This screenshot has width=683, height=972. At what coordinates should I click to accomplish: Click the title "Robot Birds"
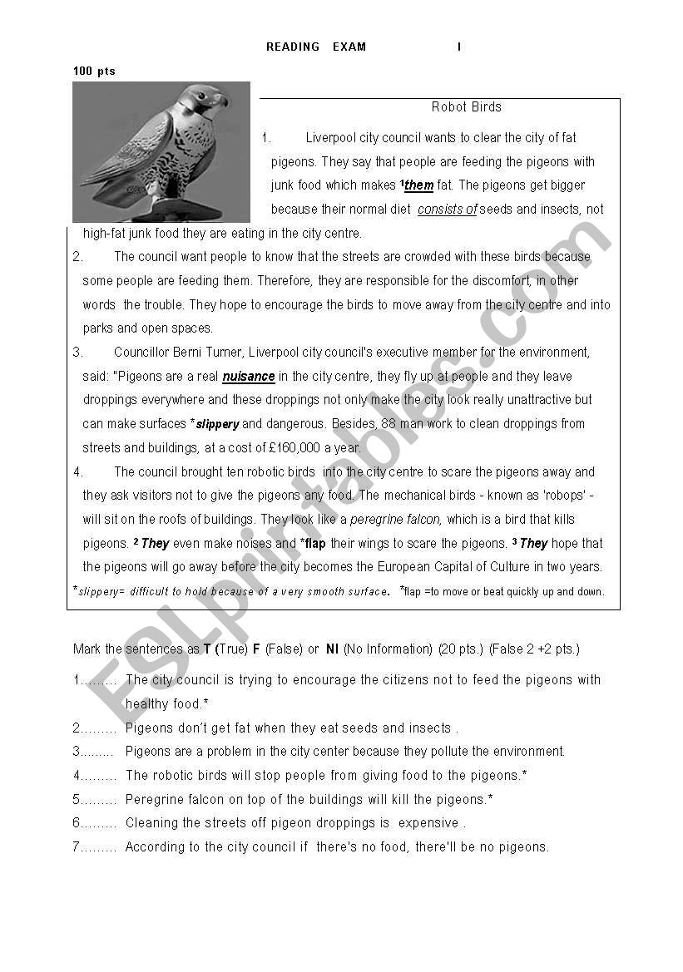[x=466, y=107]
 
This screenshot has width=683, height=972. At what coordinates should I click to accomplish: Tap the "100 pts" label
[x=94, y=72]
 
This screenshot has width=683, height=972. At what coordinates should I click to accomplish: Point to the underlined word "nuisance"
[x=249, y=377]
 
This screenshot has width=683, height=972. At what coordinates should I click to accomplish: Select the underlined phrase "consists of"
[x=448, y=210]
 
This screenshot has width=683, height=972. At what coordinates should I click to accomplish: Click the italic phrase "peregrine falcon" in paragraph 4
[x=396, y=520]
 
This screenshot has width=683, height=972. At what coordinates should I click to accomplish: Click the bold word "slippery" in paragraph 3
[x=217, y=425]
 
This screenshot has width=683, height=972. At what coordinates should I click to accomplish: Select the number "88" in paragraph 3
[x=388, y=424]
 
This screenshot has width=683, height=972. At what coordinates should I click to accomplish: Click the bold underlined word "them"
[x=418, y=185]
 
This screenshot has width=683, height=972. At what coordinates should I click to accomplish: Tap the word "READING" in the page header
[x=293, y=47]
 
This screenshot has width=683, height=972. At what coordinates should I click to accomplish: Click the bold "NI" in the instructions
[x=332, y=649]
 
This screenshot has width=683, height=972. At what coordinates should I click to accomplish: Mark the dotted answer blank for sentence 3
[x=97, y=752]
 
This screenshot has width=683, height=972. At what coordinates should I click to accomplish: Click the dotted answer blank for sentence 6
[x=97, y=823]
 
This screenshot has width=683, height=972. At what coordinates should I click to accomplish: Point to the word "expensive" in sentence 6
[x=428, y=823]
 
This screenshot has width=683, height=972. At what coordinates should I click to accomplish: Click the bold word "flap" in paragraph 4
[x=315, y=544]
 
